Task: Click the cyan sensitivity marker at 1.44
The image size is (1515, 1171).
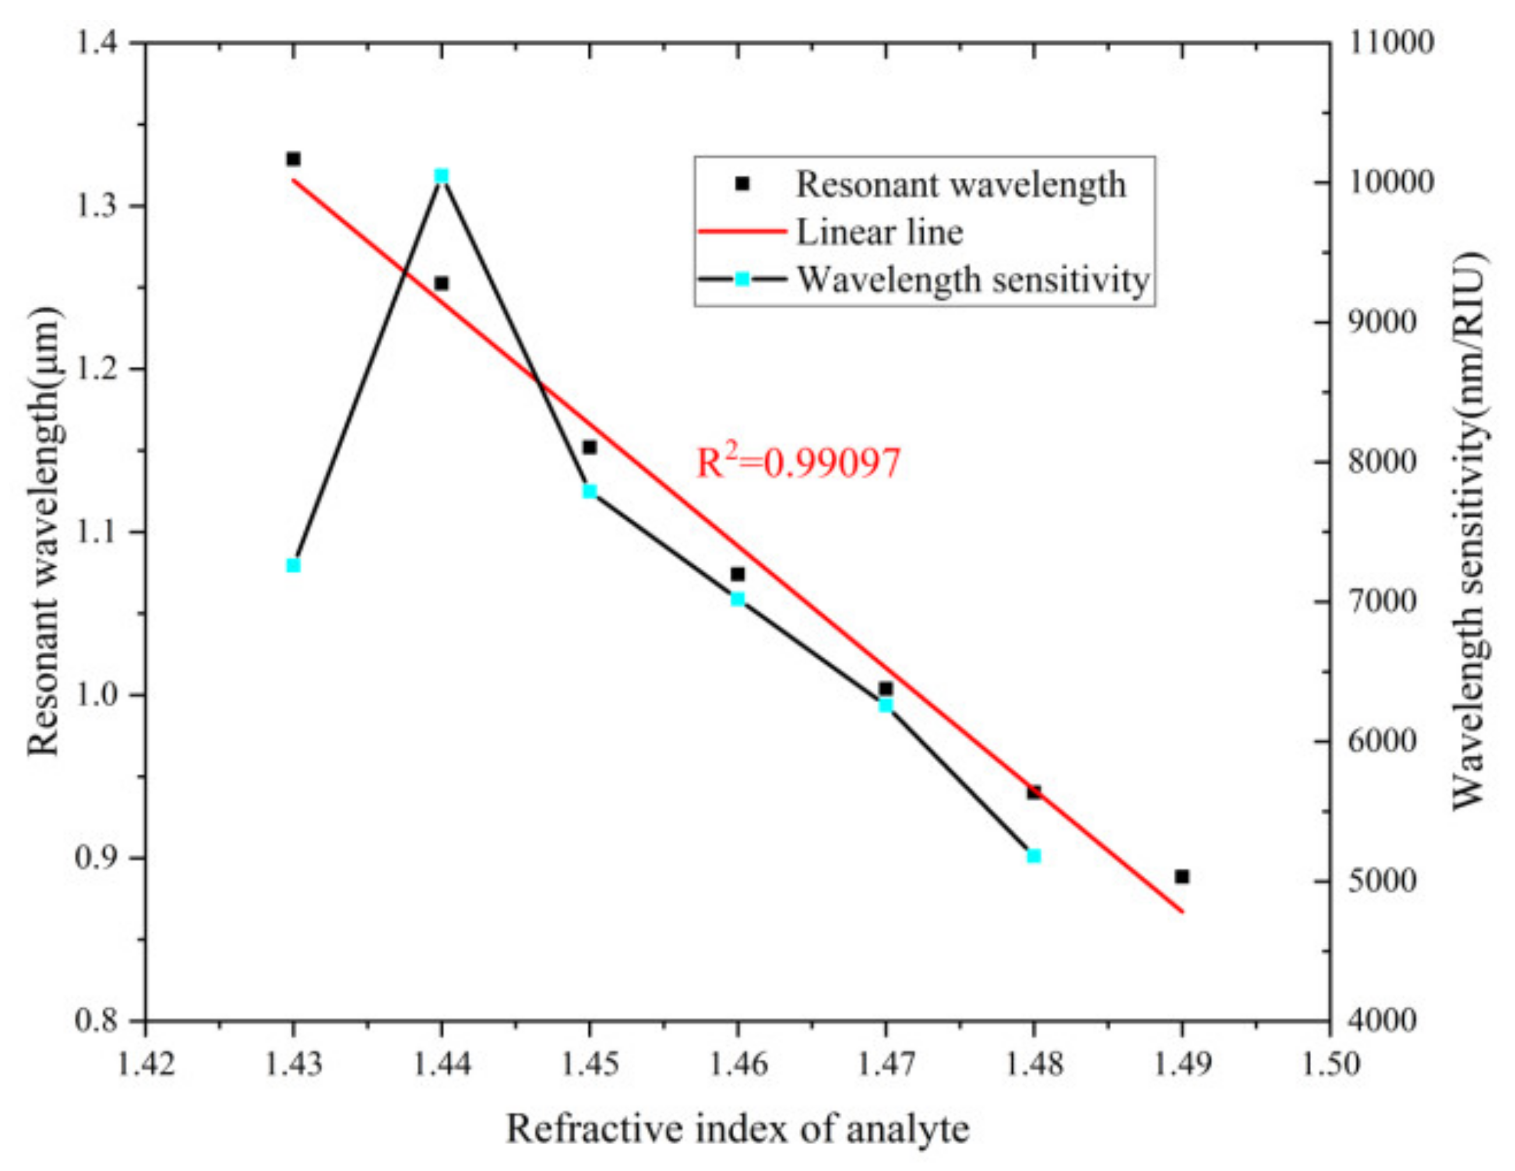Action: [441, 176]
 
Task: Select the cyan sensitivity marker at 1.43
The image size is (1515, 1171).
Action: [294, 565]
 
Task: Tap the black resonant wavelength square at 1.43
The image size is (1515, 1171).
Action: [294, 159]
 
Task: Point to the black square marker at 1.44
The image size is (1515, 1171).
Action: [441, 283]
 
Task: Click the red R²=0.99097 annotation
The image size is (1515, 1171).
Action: [798, 463]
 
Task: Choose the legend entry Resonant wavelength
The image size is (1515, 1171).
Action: [960, 184]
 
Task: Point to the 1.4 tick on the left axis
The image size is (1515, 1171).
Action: [104, 43]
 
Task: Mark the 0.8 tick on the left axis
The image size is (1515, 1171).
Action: [104, 1021]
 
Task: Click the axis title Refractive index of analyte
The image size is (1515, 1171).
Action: [737, 1128]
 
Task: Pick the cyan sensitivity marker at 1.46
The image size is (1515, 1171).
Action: [737, 598]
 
